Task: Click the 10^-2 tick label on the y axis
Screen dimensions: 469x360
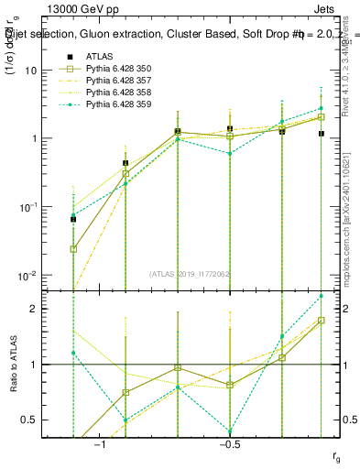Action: [27, 276]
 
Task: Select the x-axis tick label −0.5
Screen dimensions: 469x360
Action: [229, 444]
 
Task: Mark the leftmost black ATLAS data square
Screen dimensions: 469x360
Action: [73, 219]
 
